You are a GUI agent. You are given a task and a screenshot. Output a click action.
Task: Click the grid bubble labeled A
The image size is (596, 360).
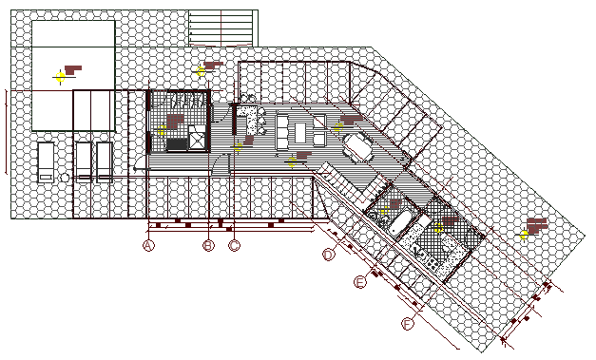pos(148,246)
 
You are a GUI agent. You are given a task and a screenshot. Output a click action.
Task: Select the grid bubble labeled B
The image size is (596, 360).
pos(209,246)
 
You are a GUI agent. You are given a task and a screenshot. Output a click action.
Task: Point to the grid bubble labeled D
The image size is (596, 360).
pos(329,255)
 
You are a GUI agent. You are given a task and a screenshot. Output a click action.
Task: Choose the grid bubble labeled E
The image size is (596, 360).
pos(360,282)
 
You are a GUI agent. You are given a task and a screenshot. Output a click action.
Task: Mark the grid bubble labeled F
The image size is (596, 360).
pos(409,325)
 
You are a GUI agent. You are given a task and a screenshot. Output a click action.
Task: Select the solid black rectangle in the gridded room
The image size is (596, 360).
pos(178,144)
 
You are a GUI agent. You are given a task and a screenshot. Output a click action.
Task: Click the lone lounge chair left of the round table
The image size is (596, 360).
pos(45,161)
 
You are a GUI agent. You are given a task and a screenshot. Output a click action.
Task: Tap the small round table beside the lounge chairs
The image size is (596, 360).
pos(64,177)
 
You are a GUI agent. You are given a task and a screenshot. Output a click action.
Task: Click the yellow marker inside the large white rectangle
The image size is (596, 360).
pos(60,76)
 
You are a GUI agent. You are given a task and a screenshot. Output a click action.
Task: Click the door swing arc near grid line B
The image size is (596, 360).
pos(219,163)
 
